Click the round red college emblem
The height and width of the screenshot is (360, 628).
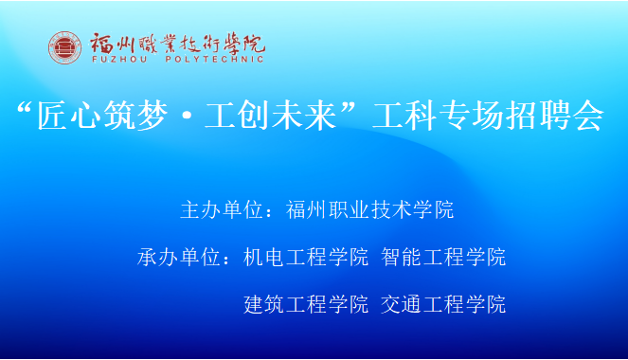click(x=65, y=47)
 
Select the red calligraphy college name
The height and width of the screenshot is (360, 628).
click(x=178, y=43)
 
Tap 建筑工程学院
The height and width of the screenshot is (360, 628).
click(x=306, y=304)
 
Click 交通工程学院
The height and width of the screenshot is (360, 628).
click(x=443, y=304)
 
